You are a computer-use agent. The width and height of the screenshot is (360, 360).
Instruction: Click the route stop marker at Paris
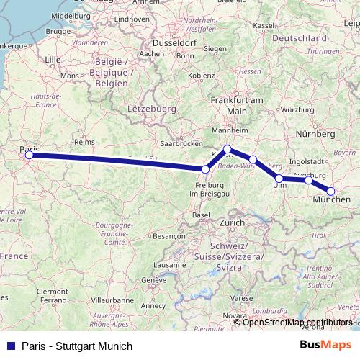pos(29,155)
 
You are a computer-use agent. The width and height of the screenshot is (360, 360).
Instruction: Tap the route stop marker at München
pos(331,191)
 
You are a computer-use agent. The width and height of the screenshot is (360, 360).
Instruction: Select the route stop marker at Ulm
pos(279,178)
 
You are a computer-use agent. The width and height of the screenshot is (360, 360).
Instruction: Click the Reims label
pos(84,143)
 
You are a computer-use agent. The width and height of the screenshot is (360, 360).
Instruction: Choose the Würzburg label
pos(298,109)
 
